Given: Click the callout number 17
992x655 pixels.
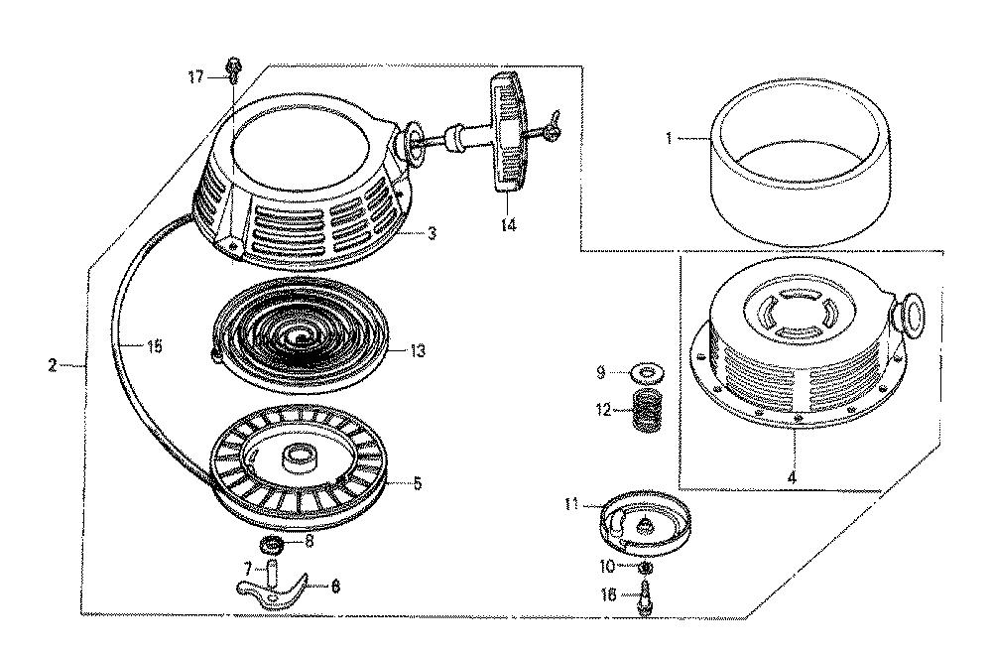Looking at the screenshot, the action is pyautogui.click(x=196, y=77).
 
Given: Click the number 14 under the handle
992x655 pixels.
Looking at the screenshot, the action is pyautogui.click(x=509, y=224).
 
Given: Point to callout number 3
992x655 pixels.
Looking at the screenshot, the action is pyautogui.click(x=432, y=233).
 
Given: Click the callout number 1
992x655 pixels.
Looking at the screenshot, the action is pyautogui.click(x=669, y=137).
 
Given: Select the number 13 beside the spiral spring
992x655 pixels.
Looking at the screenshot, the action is pyautogui.click(x=418, y=350).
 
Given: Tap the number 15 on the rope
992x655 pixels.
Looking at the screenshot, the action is pyautogui.click(x=155, y=346).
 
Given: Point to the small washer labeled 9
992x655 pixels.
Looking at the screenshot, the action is pyautogui.click(x=647, y=372).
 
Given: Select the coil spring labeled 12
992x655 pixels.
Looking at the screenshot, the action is pyautogui.click(x=647, y=409).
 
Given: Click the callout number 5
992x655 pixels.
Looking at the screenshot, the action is pyautogui.click(x=418, y=484).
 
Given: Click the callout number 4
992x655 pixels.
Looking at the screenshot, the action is pyautogui.click(x=792, y=477).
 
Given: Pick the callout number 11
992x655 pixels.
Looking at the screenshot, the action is pyautogui.click(x=572, y=504).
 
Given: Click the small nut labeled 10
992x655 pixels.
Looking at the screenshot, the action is pyautogui.click(x=645, y=565).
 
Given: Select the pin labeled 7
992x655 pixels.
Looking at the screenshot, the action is pyautogui.click(x=273, y=574).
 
